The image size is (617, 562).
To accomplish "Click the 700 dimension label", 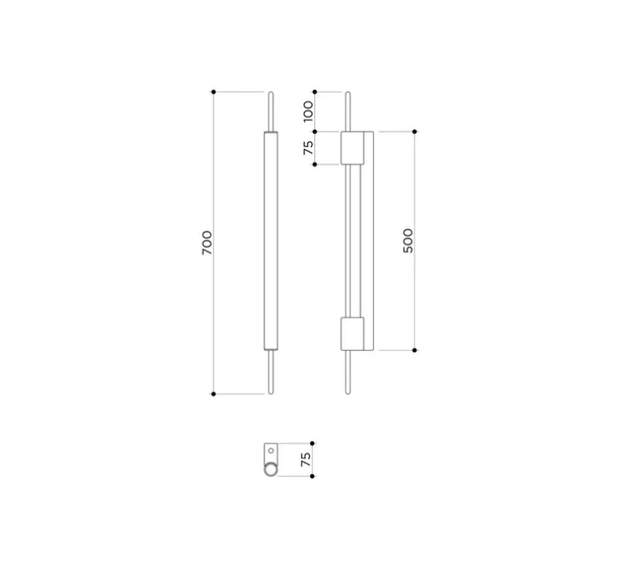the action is coord(207,243).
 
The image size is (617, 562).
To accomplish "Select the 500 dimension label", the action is coord(409,240).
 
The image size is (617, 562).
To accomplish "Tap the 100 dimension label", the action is coord(308,111).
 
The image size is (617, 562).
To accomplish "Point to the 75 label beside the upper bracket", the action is coord(308,148).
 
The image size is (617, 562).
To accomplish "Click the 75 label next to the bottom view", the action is coord(306,459).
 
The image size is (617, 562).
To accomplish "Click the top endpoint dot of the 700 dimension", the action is coord(214,92).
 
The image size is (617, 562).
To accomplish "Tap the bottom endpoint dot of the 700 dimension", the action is coord(214,394).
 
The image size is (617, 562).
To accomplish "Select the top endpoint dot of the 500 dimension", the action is coord(415,131).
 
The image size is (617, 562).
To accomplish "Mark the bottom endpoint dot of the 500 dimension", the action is coord(415,350).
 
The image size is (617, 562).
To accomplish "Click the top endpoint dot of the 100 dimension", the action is coord(315,92).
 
